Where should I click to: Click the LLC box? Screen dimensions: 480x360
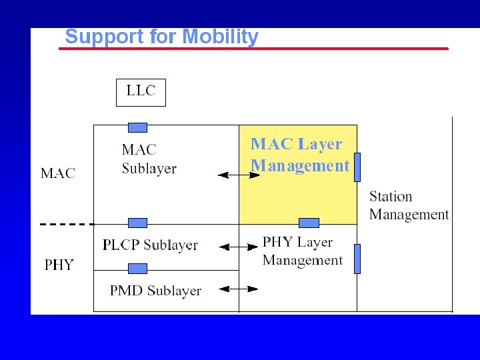coord(141,92)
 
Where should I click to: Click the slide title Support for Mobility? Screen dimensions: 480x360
coord(161,37)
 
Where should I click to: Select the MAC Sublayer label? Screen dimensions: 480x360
coord(149,159)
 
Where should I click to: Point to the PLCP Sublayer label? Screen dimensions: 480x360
coord(150,245)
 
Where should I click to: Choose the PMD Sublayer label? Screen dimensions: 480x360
coord(155,291)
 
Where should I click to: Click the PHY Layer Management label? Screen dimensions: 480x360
coord(303,251)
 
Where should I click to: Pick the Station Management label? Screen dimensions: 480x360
coord(409,205)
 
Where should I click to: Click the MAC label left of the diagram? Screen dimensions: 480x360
coord(58,173)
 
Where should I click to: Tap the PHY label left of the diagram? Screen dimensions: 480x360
coord(59,265)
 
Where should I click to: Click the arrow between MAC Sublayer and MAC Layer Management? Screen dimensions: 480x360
coord(239,175)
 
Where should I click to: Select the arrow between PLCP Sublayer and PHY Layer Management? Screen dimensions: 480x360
coord(239,247)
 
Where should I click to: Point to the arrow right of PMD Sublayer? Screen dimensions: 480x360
coord(239,289)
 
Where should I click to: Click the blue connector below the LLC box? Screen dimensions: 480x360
coord(137,127)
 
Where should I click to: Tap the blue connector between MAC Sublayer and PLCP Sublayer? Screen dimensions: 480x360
coord(137,223)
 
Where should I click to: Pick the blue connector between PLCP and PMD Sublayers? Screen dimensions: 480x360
coord(137,268)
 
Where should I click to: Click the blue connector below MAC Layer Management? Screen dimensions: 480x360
coord(309,223)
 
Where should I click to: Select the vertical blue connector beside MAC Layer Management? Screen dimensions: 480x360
coord(357,167)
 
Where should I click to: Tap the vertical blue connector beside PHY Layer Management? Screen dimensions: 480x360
coord(357,259)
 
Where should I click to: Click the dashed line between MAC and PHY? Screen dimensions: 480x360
coord(67,224)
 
